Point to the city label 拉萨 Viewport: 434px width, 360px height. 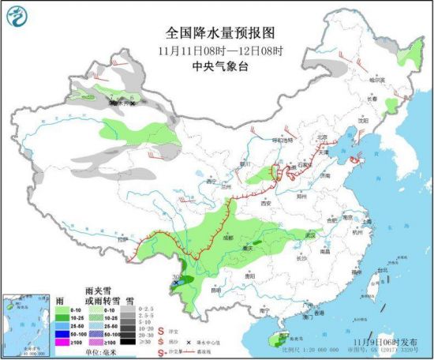(121, 239)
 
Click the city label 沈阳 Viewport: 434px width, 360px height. (363, 120)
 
